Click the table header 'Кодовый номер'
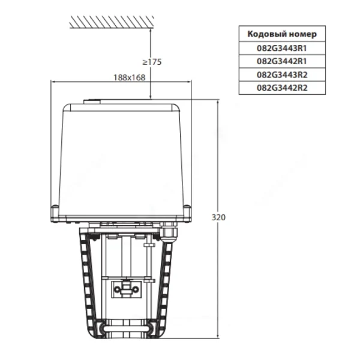coord(282,34)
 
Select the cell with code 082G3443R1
coord(282,48)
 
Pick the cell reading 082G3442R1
coord(282,61)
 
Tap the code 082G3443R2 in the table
coord(282,74)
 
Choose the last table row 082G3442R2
coord(282,88)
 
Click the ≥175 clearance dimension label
coord(152,62)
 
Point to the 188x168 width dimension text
coord(130,77)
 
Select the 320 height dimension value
coord(218,217)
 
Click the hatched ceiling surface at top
coord(112,22)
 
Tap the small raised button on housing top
coord(92,101)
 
